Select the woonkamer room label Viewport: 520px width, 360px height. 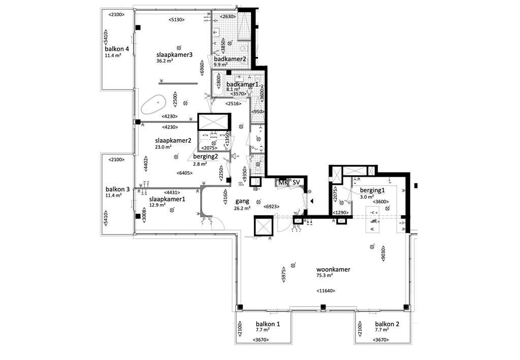tap(333, 270)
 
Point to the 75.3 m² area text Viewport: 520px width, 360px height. tap(324, 276)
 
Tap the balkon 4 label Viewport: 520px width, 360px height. tap(117, 49)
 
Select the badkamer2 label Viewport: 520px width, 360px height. tap(230, 59)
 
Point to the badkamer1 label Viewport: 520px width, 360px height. tap(242, 84)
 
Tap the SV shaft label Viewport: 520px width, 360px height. tap(296, 182)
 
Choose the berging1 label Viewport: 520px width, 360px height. tap(373, 190)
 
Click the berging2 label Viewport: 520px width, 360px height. tap(206, 157)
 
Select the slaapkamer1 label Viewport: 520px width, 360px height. tap(167, 199)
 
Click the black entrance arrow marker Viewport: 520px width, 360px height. tap(312, 202)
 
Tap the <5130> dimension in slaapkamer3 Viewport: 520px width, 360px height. tap(176, 20)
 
